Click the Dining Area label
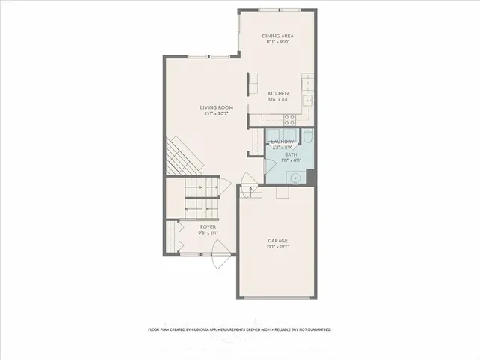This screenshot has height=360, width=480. click(277, 36)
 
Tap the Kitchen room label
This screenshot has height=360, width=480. click(278, 93)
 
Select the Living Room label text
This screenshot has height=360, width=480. click(217, 107)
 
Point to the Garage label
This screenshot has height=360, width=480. click(278, 241)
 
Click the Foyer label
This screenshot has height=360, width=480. click(208, 226)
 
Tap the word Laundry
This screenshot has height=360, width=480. click(282, 142)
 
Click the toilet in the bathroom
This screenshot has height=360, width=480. click(307, 137)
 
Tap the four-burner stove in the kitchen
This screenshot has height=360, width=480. click(289, 118)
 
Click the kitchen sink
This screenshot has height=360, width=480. click(307, 101)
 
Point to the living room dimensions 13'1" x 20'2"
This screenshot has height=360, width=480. click(217, 114)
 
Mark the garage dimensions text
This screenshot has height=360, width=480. click(278, 247)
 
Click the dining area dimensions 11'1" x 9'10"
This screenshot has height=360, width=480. click(277, 42)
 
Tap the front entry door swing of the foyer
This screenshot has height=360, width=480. click(218, 262)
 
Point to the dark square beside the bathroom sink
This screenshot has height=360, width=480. click(312, 177)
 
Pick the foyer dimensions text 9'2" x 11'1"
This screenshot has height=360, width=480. click(208, 232)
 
